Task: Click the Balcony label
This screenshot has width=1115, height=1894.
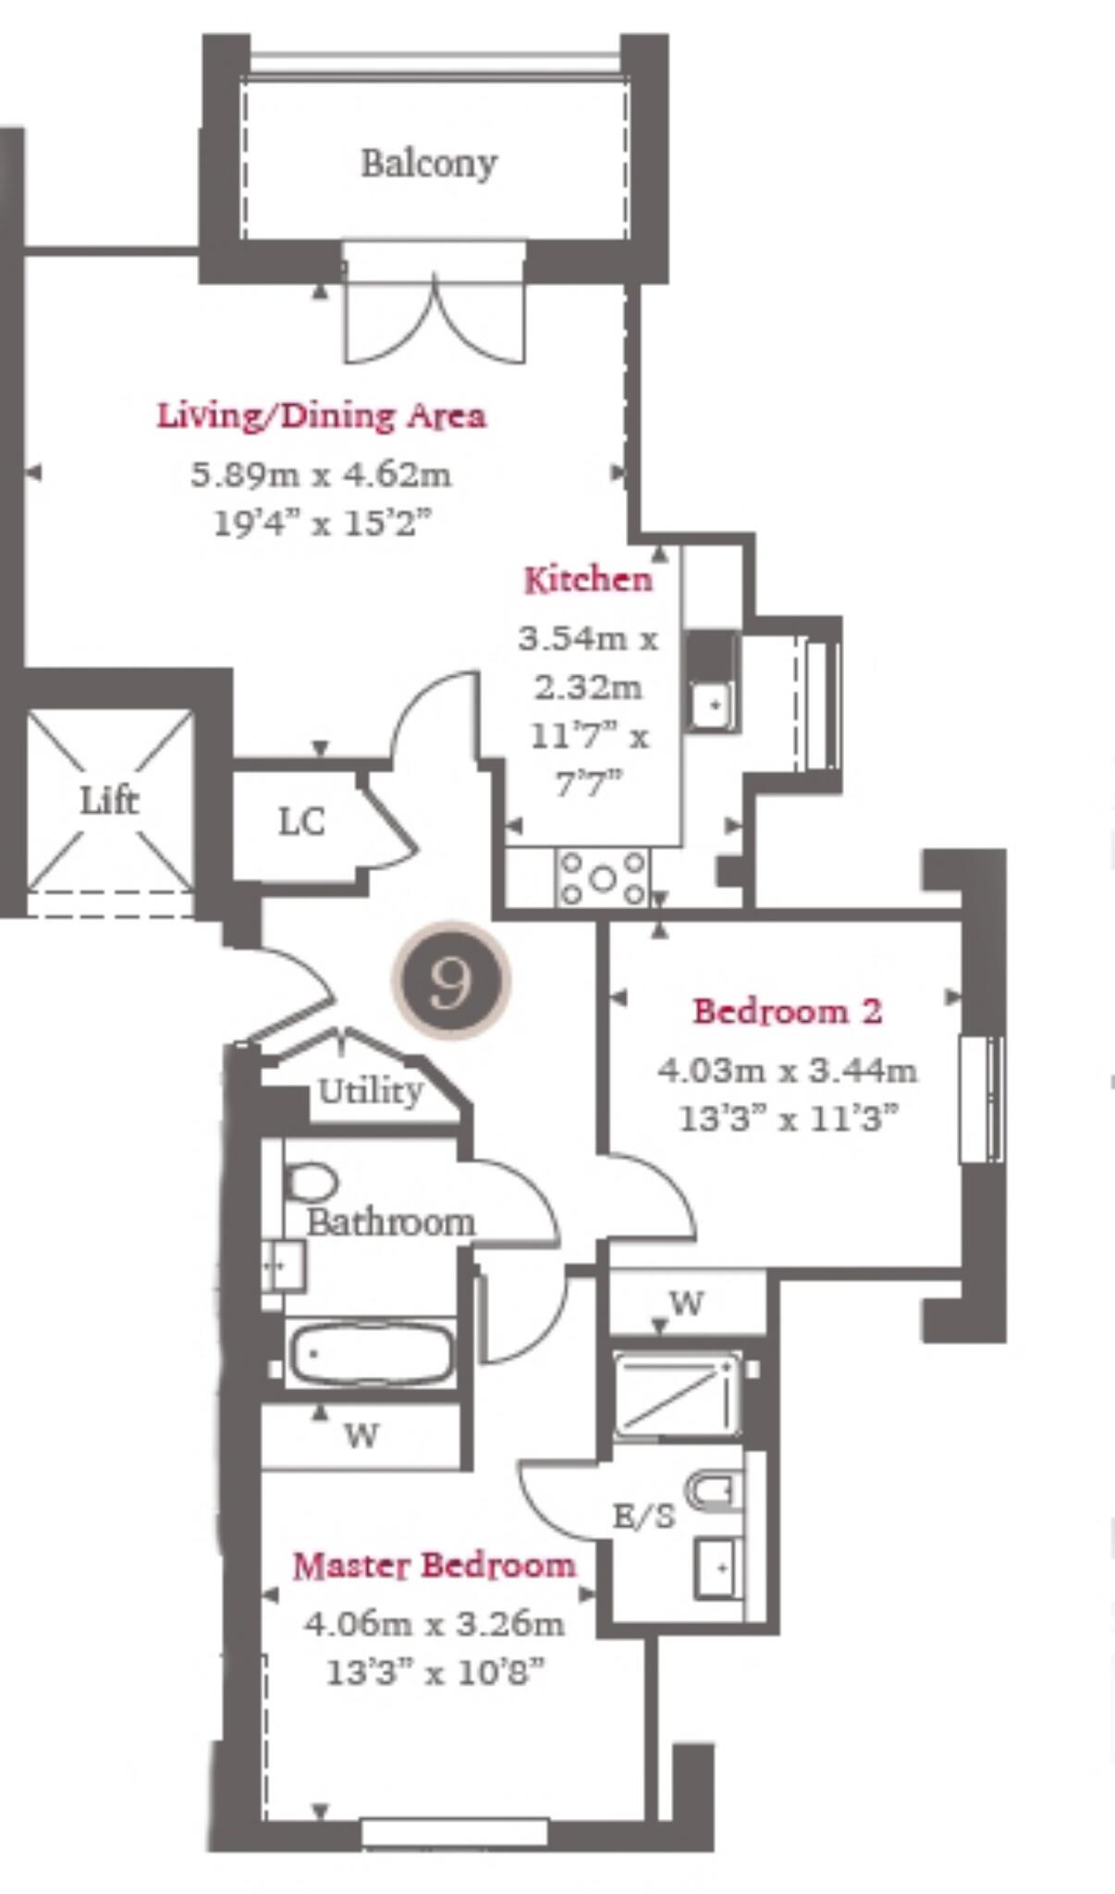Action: pos(429,164)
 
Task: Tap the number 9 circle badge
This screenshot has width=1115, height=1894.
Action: pos(451,980)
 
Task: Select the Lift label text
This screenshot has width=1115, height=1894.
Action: pos(109,800)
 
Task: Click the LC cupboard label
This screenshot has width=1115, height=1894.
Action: pos(301,821)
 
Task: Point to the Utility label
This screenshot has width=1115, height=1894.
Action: pos(370,1091)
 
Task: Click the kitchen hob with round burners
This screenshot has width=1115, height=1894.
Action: pos(603,878)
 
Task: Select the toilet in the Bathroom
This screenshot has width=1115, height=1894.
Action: pos(311,1182)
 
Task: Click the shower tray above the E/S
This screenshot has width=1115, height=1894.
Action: pos(677,1395)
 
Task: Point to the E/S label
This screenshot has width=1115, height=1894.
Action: pos(644,1516)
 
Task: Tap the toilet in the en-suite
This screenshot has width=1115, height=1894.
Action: pos(715,1490)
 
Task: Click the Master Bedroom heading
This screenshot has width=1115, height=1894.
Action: pos(434,1566)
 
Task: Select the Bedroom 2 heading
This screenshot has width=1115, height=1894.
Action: pos(787,1011)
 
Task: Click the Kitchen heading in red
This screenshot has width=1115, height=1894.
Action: pos(588,580)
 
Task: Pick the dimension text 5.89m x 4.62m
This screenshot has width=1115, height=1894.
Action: pos(321,475)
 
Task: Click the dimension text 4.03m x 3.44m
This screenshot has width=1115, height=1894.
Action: pos(787,1070)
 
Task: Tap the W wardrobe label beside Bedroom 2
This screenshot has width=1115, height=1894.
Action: pos(686,1303)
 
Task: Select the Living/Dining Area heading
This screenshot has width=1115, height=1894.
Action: pos(321,415)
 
